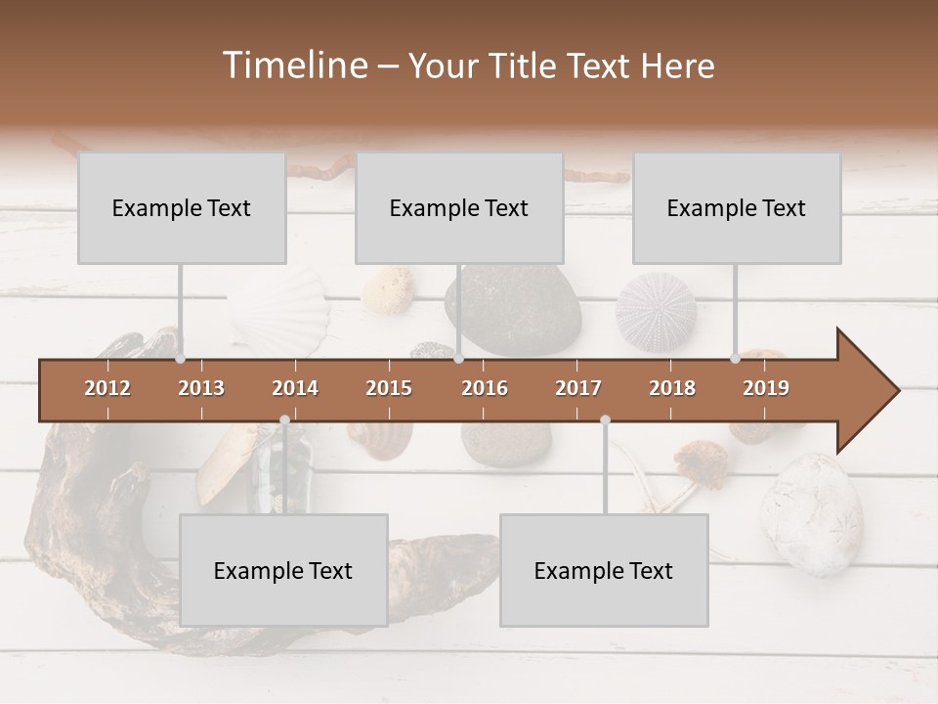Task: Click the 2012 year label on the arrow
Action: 107,388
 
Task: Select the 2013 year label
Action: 201,388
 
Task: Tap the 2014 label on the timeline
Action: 295,388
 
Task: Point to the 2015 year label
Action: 389,388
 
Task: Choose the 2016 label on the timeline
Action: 485,388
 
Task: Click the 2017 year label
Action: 578,388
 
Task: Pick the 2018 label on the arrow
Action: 672,388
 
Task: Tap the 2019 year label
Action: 766,388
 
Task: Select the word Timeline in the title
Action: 293,66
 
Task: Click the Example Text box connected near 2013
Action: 182,207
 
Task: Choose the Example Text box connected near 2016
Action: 459,207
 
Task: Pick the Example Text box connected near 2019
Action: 737,207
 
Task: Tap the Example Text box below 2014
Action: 283,570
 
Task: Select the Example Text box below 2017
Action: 604,570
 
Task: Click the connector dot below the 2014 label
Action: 284,419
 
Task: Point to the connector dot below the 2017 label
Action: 605,419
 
